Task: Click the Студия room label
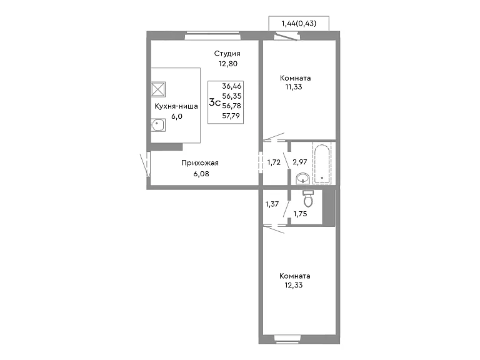pyautogui.click(x=227, y=54)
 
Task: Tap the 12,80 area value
pyautogui.click(x=228, y=64)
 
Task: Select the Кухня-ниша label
pyautogui.click(x=176, y=106)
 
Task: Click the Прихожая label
pyautogui.click(x=200, y=163)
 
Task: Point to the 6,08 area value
pyautogui.click(x=201, y=174)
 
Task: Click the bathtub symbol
pyautogui.click(x=322, y=163)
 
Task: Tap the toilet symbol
pyautogui.click(x=308, y=198)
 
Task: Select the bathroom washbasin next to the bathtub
pyautogui.click(x=302, y=179)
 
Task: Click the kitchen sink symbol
pyautogui.click(x=158, y=125)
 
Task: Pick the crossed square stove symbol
pyautogui.click(x=158, y=89)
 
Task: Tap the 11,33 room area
pyautogui.click(x=294, y=87)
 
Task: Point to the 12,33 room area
pyautogui.click(x=294, y=285)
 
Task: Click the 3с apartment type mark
pyautogui.click(x=214, y=102)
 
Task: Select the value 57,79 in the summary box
pyautogui.click(x=231, y=116)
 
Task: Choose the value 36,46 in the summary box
pyautogui.click(x=232, y=86)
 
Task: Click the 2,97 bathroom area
pyautogui.click(x=300, y=162)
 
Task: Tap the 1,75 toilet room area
pyautogui.click(x=300, y=214)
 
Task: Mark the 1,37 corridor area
pyautogui.click(x=272, y=204)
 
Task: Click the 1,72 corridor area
pyautogui.click(x=274, y=162)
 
